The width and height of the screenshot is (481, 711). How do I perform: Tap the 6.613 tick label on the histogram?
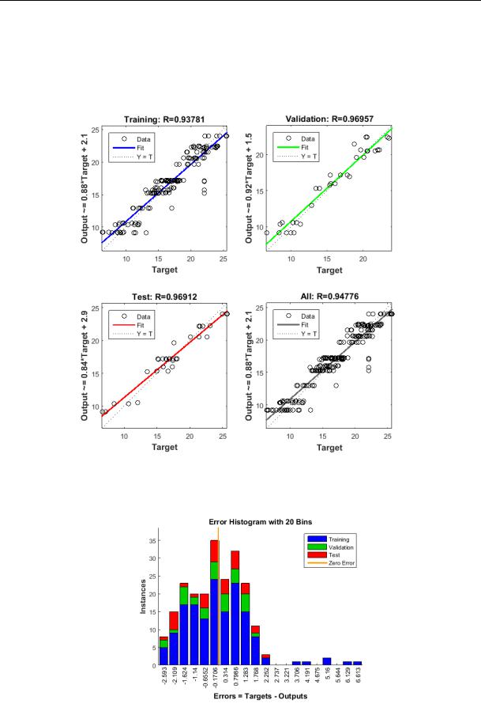coord(358,678)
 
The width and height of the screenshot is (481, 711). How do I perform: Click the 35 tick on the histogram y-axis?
coord(152,541)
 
